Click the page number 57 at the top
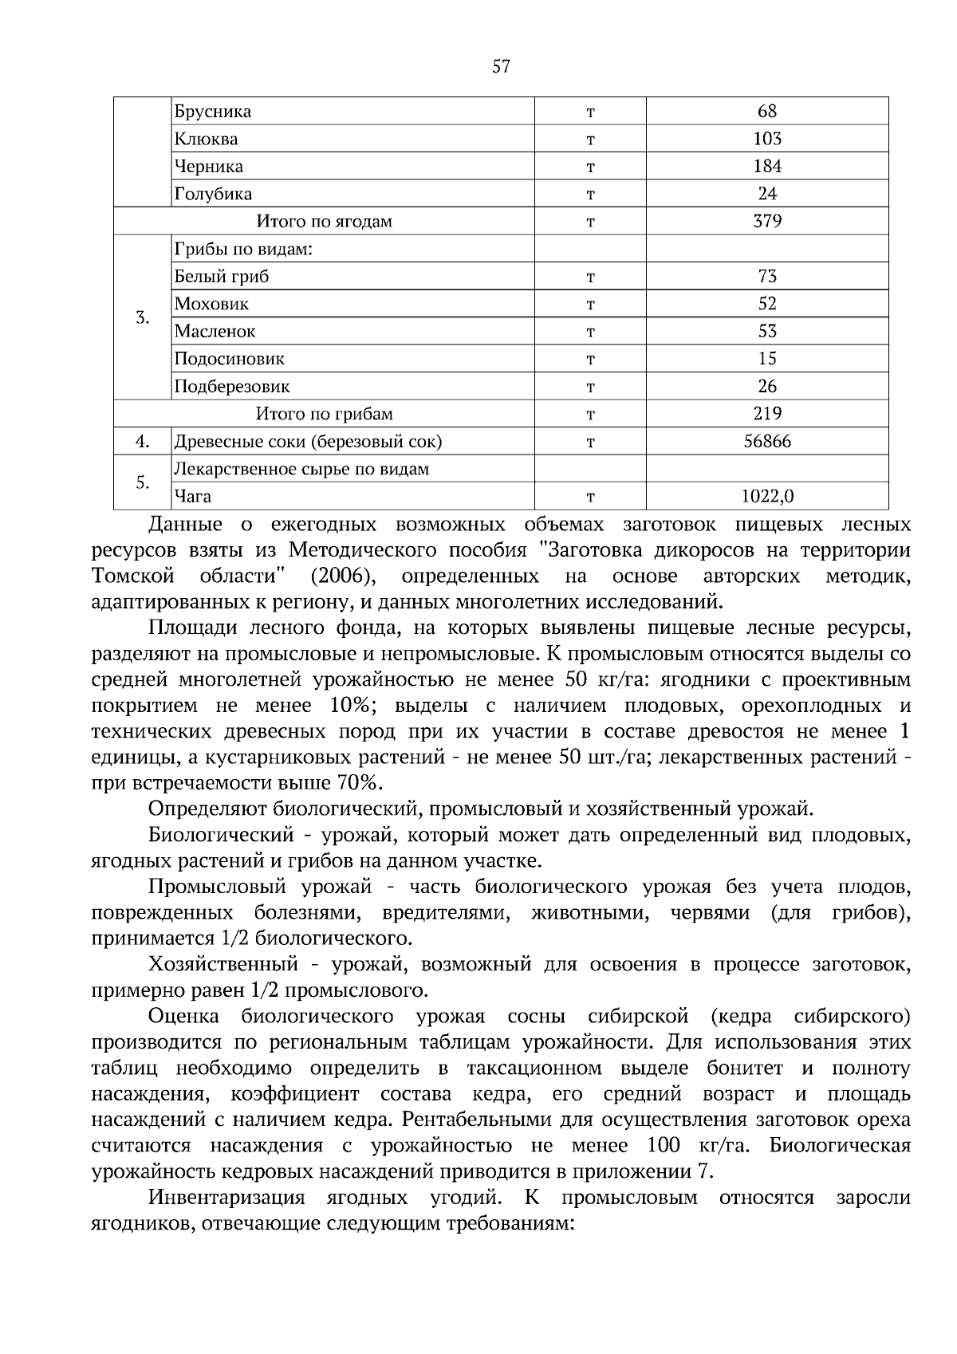coord(501,66)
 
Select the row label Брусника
coord(213,112)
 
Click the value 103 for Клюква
coord(767,139)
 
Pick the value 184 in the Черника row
coord(767,166)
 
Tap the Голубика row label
coord(213,194)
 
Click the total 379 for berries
coord(767,221)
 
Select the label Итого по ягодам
coord(324,221)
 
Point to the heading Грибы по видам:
coord(242,249)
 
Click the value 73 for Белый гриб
coord(767,276)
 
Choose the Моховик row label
coord(211,304)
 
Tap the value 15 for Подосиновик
coord(767,358)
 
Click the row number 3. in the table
coord(143,317)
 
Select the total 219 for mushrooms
coord(767,413)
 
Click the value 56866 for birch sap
coord(767,441)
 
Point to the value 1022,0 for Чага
coord(767,496)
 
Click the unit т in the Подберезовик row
coord(590,387)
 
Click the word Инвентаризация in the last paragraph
coord(226,1198)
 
